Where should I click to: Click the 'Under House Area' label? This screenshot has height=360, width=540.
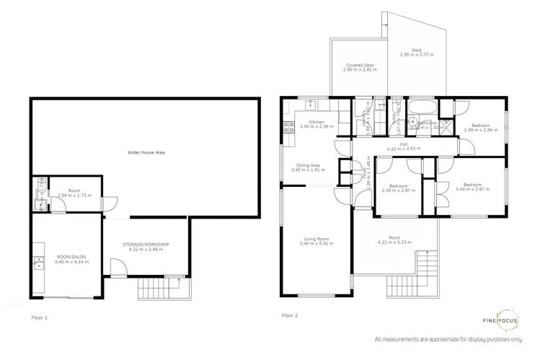tap(146, 152)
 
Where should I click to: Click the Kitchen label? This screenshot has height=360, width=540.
tap(317, 122)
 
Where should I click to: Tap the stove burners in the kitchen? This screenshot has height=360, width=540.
tap(288, 128)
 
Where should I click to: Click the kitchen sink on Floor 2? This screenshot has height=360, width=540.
tap(310, 105)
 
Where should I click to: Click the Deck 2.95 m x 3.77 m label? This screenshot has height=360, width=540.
tap(417, 51)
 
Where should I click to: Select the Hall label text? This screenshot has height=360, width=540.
tap(404, 144)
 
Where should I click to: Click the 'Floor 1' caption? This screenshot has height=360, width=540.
tap(39, 317)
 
